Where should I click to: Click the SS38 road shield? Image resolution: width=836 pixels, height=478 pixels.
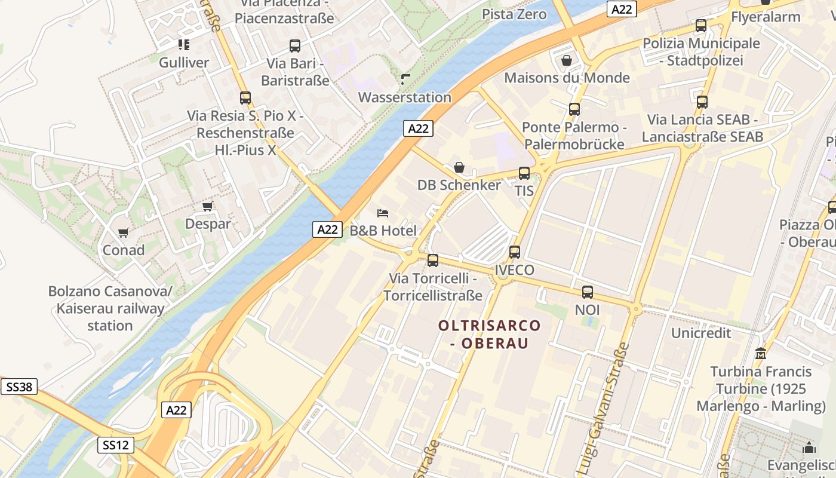pyautogui.click(x=19, y=387)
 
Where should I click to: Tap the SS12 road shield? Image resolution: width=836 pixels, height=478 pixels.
pyautogui.click(x=116, y=445)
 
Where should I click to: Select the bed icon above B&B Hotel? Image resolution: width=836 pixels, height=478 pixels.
pyautogui.click(x=383, y=213)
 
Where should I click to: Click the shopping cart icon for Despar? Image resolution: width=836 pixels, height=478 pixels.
pyautogui.click(x=207, y=206)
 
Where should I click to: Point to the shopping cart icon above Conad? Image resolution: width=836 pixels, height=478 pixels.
pyautogui.click(x=123, y=232)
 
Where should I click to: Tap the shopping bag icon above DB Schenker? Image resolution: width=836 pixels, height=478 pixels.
pyautogui.click(x=459, y=167)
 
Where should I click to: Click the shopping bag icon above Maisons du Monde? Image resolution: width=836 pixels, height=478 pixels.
pyautogui.click(x=567, y=60)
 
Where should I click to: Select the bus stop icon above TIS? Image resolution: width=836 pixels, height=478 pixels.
pyautogui.click(x=524, y=173)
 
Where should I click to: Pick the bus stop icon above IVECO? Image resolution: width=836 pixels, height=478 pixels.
pyautogui.click(x=514, y=252)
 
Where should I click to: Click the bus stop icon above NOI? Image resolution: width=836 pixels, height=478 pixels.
pyautogui.click(x=587, y=292)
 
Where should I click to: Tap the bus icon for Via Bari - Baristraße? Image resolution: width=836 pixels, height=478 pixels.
pyautogui.click(x=294, y=46)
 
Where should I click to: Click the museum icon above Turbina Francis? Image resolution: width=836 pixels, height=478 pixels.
pyautogui.click(x=760, y=353)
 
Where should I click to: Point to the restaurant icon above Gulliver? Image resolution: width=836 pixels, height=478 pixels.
pyautogui.click(x=183, y=45)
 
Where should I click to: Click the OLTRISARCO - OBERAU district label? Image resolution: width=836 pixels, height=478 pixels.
pyautogui.click(x=489, y=335)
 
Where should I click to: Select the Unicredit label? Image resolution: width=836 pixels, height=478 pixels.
pyautogui.click(x=700, y=333)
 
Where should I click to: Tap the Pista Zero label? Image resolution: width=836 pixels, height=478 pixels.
pyautogui.click(x=514, y=14)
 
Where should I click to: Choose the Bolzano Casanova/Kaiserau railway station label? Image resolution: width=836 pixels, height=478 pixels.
pyautogui.click(x=110, y=309)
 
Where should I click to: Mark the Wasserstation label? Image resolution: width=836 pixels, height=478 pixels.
pyautogui.click(x=404, y=97)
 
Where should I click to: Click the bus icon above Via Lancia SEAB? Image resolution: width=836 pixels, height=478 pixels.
pyautogui.click(x=702, y=102)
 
